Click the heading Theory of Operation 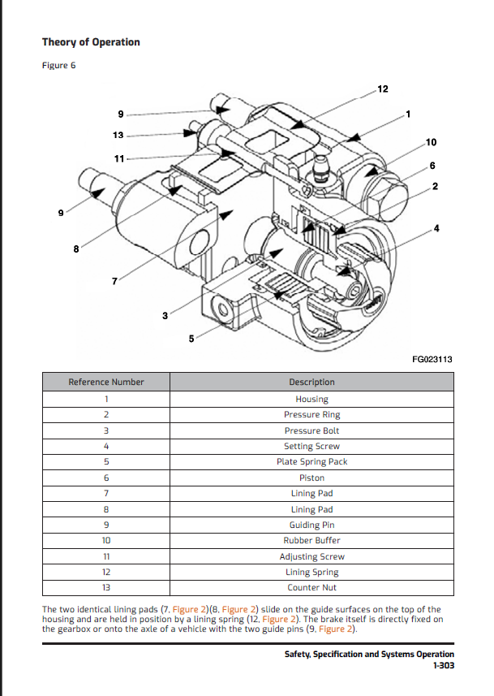click(91, 42)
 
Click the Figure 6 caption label click(58, 66)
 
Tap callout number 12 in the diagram click(384, 88)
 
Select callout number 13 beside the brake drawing click(118, 135)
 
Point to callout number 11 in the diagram click(119, 158)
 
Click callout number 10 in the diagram click(431, 143)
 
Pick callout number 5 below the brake click(191, 339)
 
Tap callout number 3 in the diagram click(165, 315)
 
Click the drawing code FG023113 click(432, 359)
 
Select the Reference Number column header click(106, 382)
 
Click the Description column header click(311, 382)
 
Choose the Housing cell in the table click(311, 399)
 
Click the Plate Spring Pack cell click(311, 461)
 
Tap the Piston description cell click(311, 478)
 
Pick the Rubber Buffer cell click(311, 540)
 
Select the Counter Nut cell click(311, 587)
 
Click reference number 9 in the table click(106, 525)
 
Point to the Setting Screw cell click(311, 446)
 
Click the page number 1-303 click(443, 665)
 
